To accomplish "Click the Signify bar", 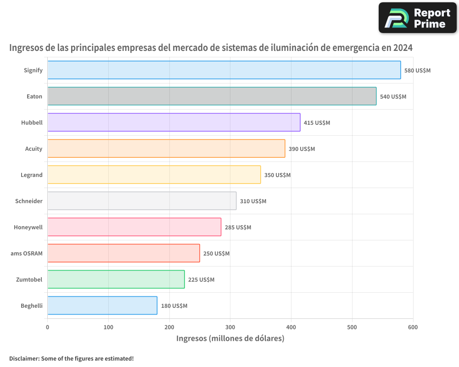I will tap(224, 70).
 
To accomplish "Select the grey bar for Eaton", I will tap(212, 96).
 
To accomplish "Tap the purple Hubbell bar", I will tap(174, 122).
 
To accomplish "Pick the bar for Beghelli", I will tap(102, 306).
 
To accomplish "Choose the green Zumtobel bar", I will tap(116, 279).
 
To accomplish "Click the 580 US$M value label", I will tap(417, 71).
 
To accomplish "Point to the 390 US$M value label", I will tap(302, 149).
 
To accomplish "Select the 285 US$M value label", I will tap(238, 228).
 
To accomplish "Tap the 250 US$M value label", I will tap(216, 254).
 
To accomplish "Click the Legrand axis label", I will tap(32, 175).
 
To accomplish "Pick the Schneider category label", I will tap(29, 201).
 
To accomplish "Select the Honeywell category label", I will tap(28, 227).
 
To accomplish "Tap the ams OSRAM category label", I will tap(27, 253).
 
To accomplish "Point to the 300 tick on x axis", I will tap(230, 327).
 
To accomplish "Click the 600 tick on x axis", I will tap(413, 327).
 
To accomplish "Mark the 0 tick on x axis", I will tap(48, 327).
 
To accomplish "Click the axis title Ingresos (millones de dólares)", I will tap(230, 339).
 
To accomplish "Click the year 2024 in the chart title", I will tap(403, 48).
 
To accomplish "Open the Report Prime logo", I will tap(417, 18).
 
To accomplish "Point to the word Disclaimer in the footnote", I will tap(24, 358).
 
